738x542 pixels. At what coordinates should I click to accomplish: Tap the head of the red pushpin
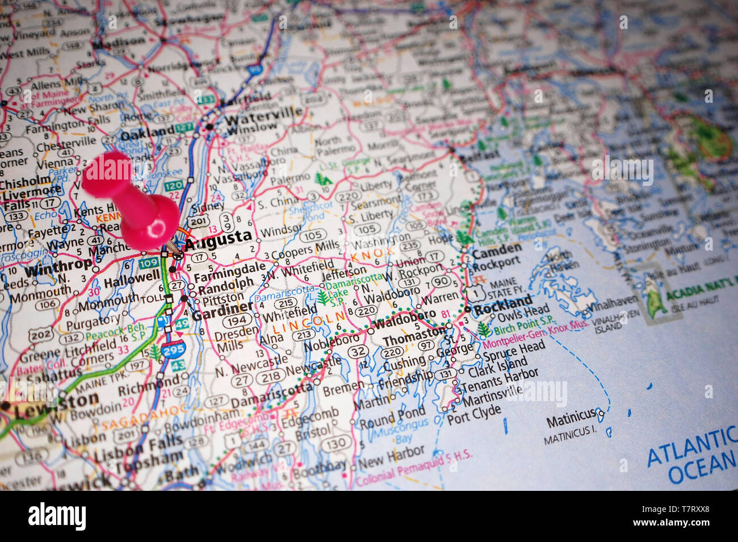coord(107,176)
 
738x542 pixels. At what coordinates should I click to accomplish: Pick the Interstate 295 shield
coord(172,350)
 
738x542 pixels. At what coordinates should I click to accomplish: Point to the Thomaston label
coord(414,336)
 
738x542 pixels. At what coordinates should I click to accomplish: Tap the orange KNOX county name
coord(372,255)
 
